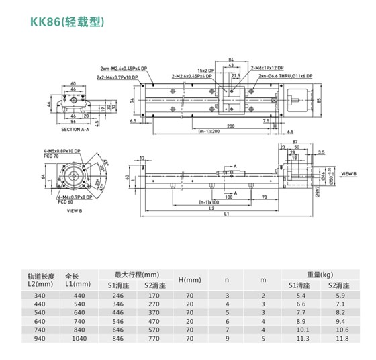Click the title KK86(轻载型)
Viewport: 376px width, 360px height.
coord(65,21)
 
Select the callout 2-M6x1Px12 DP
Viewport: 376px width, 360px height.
coord(267,69)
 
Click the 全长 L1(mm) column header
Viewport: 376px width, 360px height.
coord(73,280)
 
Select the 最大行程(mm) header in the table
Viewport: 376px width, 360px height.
coord(137,275)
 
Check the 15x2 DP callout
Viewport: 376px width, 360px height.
coord(206,69)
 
